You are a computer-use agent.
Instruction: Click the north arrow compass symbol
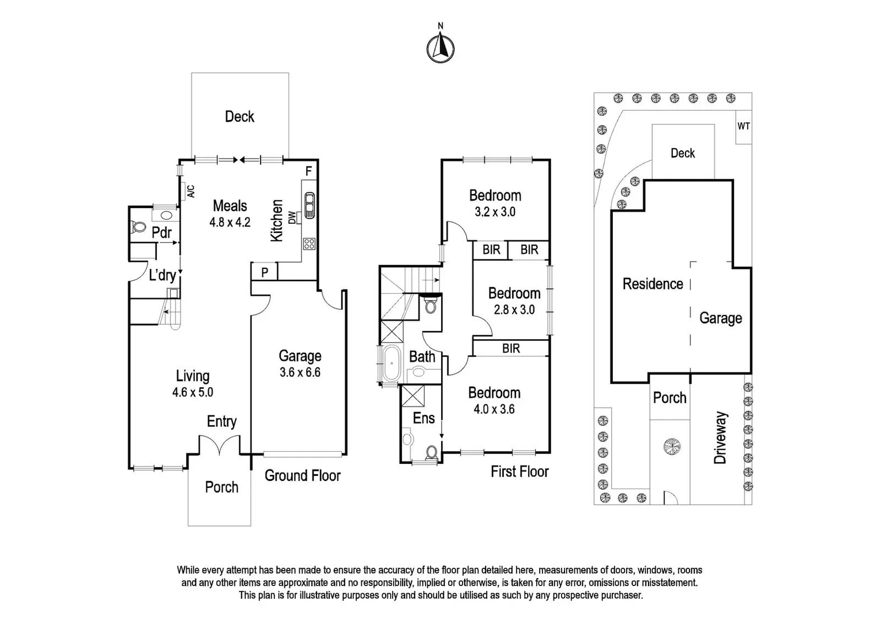point(440,47)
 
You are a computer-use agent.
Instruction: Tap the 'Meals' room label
point(229,206)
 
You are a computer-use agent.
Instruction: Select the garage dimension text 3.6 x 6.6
point(300,373)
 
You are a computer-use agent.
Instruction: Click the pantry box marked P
point(265,272)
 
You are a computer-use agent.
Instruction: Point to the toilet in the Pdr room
point(138,227)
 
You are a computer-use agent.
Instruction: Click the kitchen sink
point(310,205)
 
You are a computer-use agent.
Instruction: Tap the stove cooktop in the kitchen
point(309,243)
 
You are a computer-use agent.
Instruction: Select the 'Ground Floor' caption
point(302,476)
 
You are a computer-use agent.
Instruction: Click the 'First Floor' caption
point(519,472)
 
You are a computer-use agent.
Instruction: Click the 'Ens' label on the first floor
point(424,418)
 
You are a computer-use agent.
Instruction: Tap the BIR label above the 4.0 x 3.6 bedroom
point(511,348)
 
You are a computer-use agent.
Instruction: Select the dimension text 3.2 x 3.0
point(495,212)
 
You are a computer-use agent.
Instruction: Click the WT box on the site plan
point(743,126)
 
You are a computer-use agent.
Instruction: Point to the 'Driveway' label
point(720,438)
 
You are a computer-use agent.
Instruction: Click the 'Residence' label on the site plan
point(652,284)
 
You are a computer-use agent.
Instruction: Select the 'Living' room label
point(192,376)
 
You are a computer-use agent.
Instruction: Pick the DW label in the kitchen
point(292,217)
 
